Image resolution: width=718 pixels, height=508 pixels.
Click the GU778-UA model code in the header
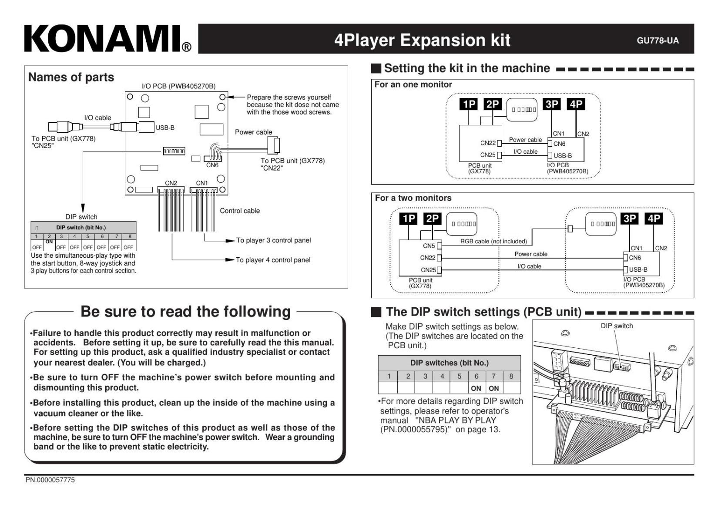click(658, 40)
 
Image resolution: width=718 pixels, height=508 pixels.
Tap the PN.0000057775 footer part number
click(50, 480)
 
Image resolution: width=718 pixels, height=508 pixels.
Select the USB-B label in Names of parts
click(165, 128)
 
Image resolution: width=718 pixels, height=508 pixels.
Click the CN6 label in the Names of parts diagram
click(212, 165)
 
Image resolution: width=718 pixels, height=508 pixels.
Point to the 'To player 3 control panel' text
click(273, 240)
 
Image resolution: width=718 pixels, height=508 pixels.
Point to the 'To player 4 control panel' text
click(273, 260)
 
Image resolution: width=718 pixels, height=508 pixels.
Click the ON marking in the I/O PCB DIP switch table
click(49, 242)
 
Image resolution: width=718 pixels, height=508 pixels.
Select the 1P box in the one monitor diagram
click(469, 104)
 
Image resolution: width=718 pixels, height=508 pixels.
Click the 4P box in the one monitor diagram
click(576, 104)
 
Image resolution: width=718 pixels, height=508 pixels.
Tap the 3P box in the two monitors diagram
click(630, 219)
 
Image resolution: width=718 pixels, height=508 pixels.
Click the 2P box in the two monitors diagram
click(432, 219)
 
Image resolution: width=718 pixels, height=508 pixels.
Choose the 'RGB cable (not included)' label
click(493, 242)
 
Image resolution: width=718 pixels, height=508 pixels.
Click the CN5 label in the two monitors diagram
click(429, 246)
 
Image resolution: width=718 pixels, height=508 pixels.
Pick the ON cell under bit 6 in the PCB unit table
click(476, 388)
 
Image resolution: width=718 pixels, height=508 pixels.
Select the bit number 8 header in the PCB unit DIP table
click(511, 376)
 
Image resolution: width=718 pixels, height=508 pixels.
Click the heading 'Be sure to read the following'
click(185, 312)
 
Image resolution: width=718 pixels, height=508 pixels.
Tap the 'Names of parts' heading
click(71, 77)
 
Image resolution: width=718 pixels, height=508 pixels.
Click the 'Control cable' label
click(240, 211)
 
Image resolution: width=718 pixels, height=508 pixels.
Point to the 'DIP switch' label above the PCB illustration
click(617, 326)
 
